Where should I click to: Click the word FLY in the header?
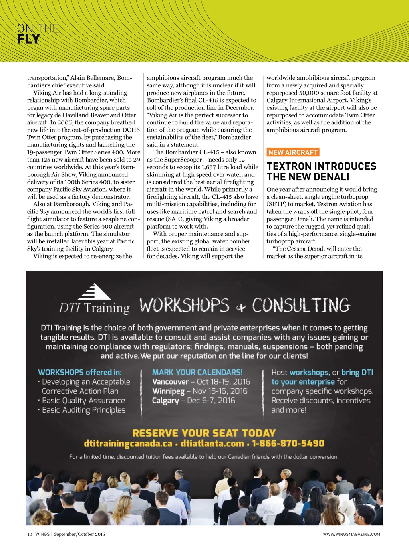click(x=28, y=39)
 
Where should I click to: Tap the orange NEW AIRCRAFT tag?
click(x=293, y=152)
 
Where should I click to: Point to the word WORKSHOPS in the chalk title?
click(x=185, y=305)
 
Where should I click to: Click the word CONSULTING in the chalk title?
click(x=301, y=305)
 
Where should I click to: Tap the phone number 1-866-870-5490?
click(x=288, y=444)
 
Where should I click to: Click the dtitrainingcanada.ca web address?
click(x=128, y=444)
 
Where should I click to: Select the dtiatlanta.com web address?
click(x=212, y=444)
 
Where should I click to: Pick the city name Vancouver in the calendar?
click(x=170, y=382)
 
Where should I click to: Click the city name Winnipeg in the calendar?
click(x=168, y=391)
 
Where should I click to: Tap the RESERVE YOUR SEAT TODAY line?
click(x=204, y=433)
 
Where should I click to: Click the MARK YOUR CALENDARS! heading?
click(x=197, y=372)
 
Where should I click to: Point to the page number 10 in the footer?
click(x=30, y=534)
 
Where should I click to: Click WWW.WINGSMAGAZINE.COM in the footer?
click(x=351, y=534)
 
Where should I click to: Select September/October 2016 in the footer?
click(x=79, y=534)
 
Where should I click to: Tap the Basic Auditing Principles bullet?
click(x=83, y=410)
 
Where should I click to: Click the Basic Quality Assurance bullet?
click(x=83, y=401)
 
